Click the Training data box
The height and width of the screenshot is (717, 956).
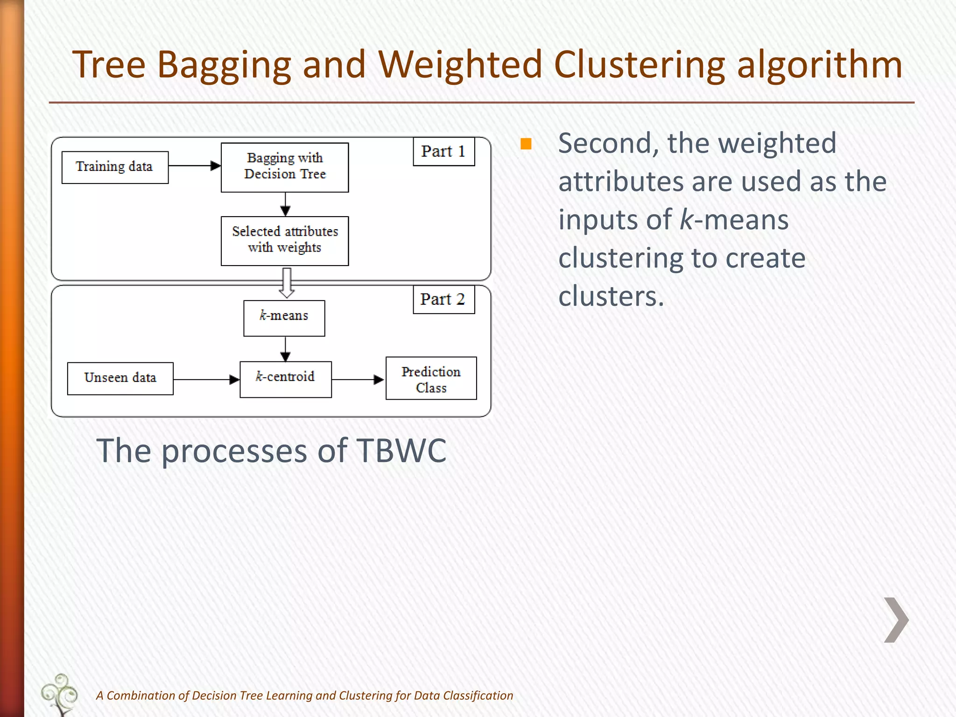pyautogui.click(x=115, y=167)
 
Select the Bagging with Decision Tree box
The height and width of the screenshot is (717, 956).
pyautogui.click(x=285, y=167)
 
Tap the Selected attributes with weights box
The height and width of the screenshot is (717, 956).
pyautogui.click(x=285, y=241)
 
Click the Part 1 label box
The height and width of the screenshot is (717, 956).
pyautogui.click(x=443, y=151)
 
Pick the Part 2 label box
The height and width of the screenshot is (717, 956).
pyautogui.click(x=443, y=299)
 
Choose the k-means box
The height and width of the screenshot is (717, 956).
pyautogui.click(x=284, y=318)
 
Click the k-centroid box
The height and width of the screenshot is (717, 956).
pyautogui.click(x=285, y=379)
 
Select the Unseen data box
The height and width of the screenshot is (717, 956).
pyautogui.click(x=120, y=378)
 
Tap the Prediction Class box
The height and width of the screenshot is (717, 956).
pyautogui.click(x=431, y=378)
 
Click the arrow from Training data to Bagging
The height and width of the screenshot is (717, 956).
pyautogui.click(x=194, y=166)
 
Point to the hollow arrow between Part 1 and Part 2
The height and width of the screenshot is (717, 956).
pyautogui.click(x=287, y=282)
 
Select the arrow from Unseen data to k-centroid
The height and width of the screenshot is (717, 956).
pyautogui.click(x=206, y=380)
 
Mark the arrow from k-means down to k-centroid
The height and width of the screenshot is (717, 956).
pyautogui.click(x=286, y=349)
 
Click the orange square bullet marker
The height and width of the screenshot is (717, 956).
pyautogui.click(x=526, y=144)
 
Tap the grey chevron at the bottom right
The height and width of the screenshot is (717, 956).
pyautogui.click(x=896, y=620)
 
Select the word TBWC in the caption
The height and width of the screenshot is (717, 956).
pyautogui.click(x=401, y=451)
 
